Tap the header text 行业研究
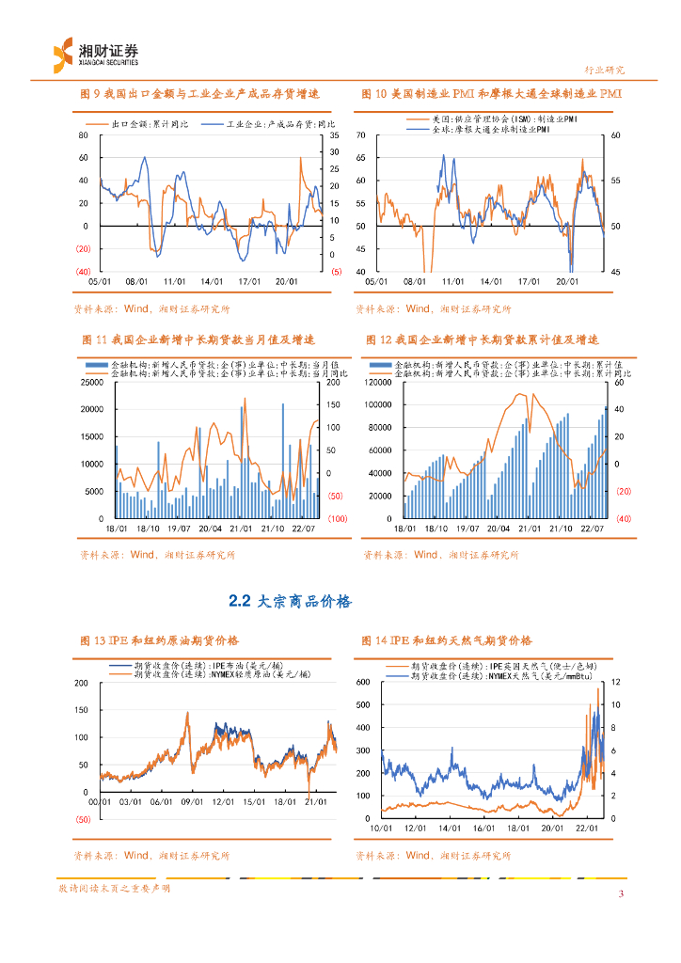point(605,70)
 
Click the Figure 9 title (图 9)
point(200,94)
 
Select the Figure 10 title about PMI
point(491,94)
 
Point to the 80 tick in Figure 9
point(84,136)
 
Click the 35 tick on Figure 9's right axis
point(334,136)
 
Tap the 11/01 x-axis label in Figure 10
point(452,280)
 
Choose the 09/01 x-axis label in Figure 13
point(192,801)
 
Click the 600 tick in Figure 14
point(365,681)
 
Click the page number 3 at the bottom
point(621,893)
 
